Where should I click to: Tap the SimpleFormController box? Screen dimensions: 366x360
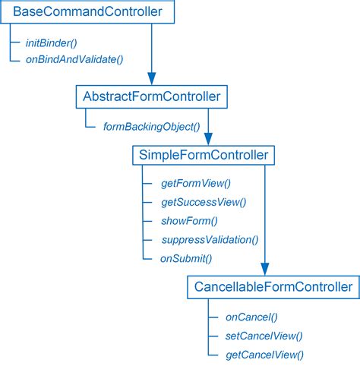[203, 155]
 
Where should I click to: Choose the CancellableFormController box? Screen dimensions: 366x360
[273, 287]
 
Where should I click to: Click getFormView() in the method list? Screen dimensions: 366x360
[196, 184]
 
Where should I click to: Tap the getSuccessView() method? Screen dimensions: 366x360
[204, 203]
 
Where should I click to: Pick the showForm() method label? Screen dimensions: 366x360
[189, 221]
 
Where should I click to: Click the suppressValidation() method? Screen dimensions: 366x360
[210, 240]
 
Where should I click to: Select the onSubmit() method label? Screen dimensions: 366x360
[186, 259]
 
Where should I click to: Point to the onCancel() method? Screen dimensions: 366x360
[252, 317]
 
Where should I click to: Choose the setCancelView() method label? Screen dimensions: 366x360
[264, 336]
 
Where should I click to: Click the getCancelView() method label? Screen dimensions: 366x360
[264, 355]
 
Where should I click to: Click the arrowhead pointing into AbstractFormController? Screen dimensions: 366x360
[151, 80]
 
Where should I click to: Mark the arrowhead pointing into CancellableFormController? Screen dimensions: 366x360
[265, 270]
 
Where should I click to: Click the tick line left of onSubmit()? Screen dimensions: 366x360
[148, 259]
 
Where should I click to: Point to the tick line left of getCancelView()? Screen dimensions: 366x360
[213, 355]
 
